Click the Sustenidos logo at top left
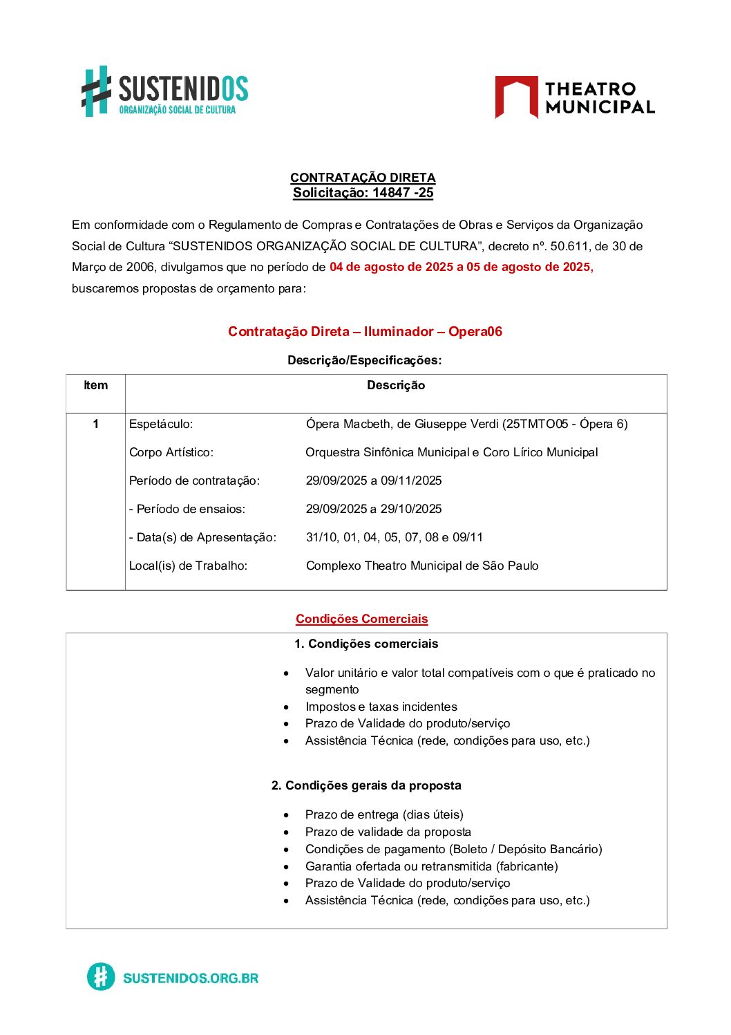coord(164,92)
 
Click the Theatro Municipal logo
coord(574,97)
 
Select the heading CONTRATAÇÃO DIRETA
coord(363,178)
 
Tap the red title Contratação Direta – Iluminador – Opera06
coord(365,332)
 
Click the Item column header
coord(95,386)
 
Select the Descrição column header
coord(396,386)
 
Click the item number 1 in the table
coord(95,424)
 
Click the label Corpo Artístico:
coord(171,452)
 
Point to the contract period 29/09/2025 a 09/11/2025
coord(374,481)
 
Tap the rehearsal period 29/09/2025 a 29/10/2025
coord(374,509)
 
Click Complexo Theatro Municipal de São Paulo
coord(422,566)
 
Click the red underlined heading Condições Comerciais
coord(361,619)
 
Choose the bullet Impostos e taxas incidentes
coord(381,707)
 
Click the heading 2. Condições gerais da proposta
coord(366,785)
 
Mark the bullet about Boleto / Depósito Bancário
coord(453,849)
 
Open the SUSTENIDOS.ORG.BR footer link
coord(190,978)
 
